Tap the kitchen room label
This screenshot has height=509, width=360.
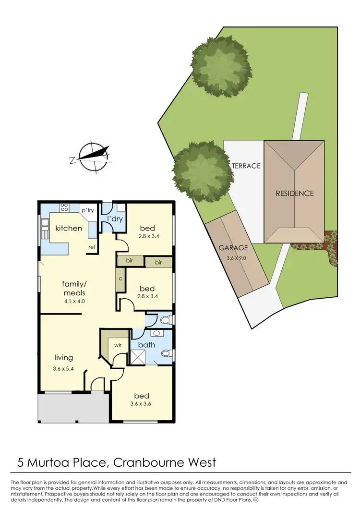click(x=69, y=228)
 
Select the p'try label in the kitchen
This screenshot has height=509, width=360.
click(x=87, y=211)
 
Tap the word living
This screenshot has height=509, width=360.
click(x=64, y=357)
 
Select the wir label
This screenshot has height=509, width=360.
click(x=117, y=344)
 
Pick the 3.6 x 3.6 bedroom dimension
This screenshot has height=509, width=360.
click(x=142, y=404)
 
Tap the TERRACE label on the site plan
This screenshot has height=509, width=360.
click(x=246, y=166)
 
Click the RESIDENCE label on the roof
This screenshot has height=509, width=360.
click(x=294, y=194)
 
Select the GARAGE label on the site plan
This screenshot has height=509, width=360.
click(x=233, y=248)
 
